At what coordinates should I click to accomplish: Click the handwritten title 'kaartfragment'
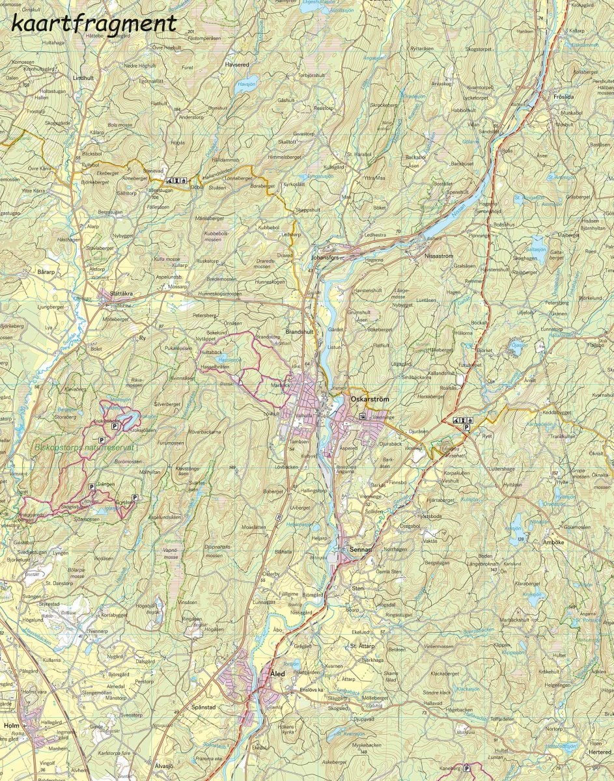(94, 24)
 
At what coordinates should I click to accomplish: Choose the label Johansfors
(326, 257)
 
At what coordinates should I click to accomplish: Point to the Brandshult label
(300, 331)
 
